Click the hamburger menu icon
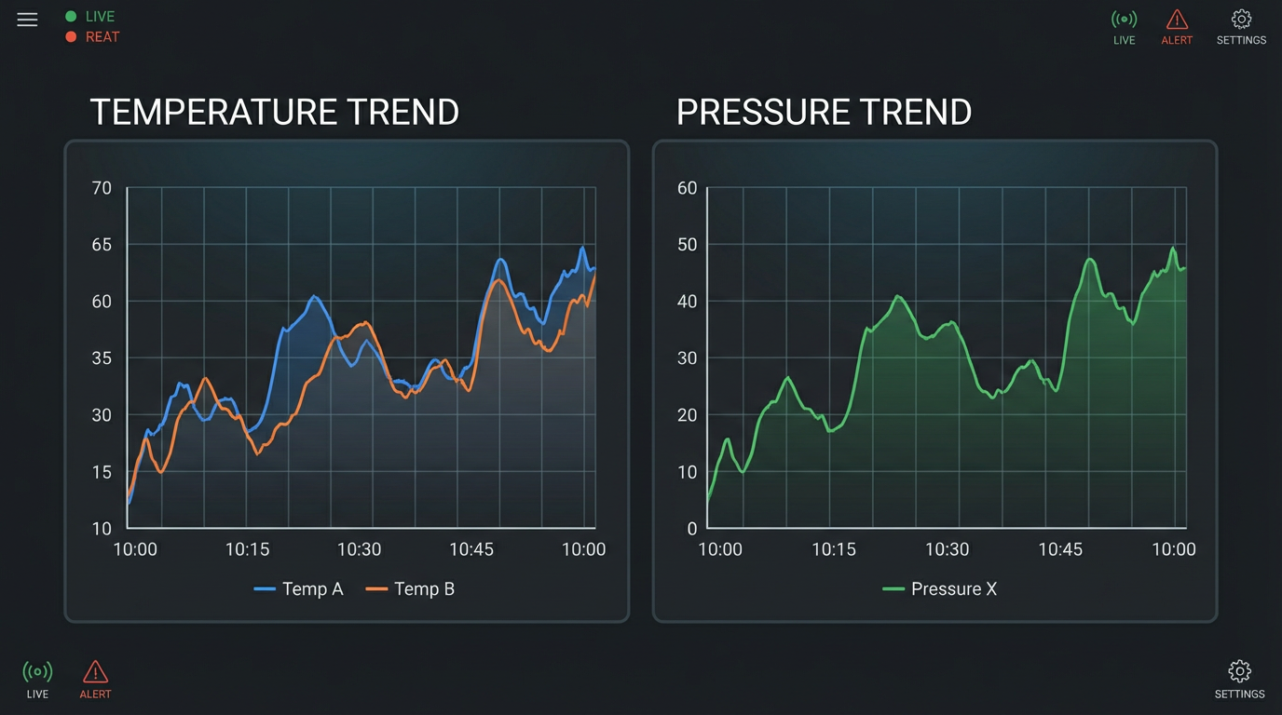point(27,20)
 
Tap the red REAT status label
point(102,37)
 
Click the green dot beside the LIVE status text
point(71,17)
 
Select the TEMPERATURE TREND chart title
point(274,112)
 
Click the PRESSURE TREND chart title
point(824,112)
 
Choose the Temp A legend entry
point(299,588)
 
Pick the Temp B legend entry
point(411,588)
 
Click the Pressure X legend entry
point(940,588)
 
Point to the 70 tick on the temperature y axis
point(102,188)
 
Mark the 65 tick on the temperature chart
point(102,245)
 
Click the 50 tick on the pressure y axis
point(687,245)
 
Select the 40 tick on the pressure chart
point(687,302)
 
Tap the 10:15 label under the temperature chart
point(247,549)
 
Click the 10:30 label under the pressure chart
point(947,549)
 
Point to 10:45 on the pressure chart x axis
point(1060,549)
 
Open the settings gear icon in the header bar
point(1241,20)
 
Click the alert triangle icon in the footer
point(95,671)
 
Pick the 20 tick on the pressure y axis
point(687,415)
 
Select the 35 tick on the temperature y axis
point(102,358)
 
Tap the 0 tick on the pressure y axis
point(691,529)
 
